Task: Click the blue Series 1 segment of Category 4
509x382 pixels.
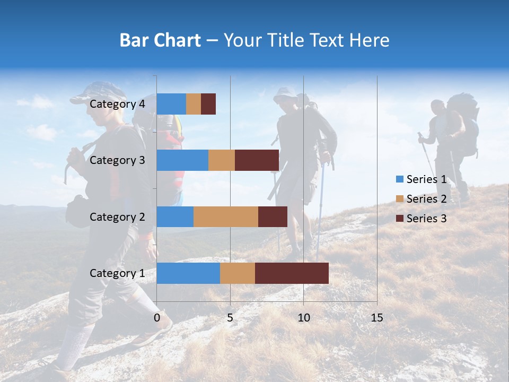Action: coord(171,104)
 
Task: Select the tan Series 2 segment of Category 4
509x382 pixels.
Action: coord(194,104)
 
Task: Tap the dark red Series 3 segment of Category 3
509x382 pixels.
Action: coord(257,160)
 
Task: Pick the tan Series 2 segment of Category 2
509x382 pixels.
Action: coord(226,216)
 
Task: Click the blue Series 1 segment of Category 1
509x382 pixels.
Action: coord(188,273)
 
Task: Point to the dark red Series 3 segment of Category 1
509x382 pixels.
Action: coord(292,273)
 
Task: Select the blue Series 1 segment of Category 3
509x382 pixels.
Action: coord(182,160)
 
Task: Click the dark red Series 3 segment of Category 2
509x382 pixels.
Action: coord(273,216)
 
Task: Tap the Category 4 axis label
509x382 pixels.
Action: coord(117,104)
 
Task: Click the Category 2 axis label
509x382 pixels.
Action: coord(117,216)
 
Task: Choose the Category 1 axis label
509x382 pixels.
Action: coord(117,273)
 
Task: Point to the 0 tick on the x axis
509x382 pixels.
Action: coord(157,318)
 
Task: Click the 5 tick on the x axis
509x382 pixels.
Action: coord(230,318)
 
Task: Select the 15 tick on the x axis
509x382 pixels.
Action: coord(376,318)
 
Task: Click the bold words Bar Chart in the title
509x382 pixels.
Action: coord(160,40)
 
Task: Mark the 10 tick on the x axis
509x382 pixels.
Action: coord(303,318)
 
